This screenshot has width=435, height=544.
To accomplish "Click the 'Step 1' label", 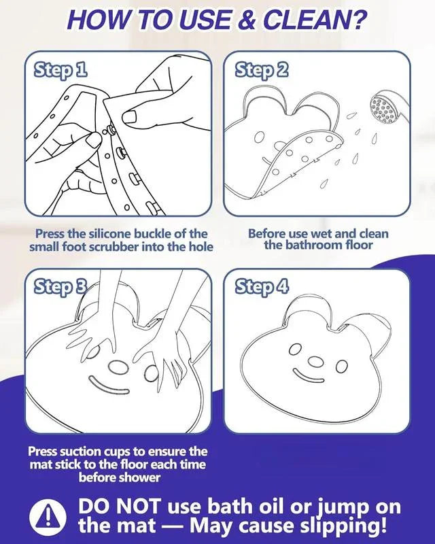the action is pos(60,71).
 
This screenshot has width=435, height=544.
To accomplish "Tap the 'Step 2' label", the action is pos(262,71).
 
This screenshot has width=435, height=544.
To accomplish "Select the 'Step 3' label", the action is pos(60,287).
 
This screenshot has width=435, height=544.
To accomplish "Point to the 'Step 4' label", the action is pos(262,287).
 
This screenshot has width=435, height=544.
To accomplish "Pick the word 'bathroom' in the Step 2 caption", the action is pos(317,245).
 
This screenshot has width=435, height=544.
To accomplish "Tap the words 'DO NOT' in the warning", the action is pos(120,507).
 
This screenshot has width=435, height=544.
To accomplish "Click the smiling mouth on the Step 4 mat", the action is pos(309,377).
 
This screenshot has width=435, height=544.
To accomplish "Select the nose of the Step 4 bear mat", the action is pos(315,362).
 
